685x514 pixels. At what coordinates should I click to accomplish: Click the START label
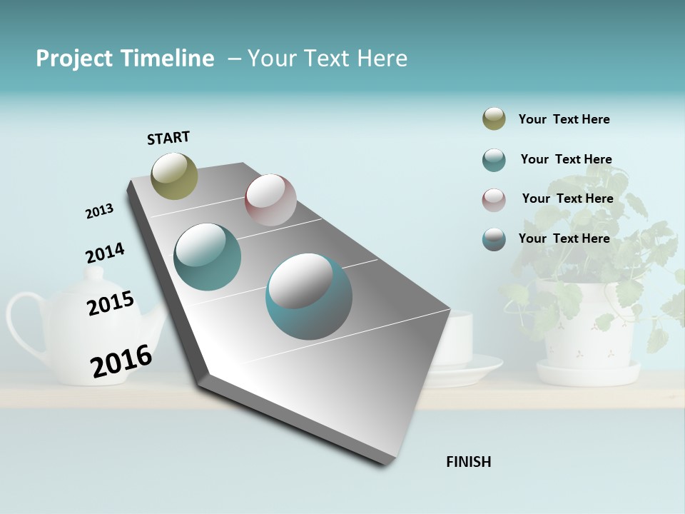point(168,138)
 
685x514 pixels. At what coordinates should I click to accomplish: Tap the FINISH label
point(468,462)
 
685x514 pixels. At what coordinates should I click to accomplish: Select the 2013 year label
point(99,211)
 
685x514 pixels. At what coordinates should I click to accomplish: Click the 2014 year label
point(105,253)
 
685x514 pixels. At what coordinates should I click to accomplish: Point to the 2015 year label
point(110,303)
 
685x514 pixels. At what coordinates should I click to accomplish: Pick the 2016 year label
point(121,361)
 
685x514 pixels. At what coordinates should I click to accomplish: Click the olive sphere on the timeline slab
point(174,176)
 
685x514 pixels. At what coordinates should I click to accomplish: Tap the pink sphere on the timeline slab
point(270,199)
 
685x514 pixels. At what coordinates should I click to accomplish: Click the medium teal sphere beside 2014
point(207,257)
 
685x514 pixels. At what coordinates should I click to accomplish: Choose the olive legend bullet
point(494,119)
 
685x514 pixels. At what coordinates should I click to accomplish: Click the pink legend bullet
point(494,200)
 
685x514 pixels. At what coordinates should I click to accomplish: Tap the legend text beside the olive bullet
point(564,119)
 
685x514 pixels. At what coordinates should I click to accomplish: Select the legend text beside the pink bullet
point(567,198)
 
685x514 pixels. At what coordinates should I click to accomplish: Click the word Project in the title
point(73,59)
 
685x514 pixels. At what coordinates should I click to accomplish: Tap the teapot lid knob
point(94,274)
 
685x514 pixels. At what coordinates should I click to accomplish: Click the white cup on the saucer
point(457,339)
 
